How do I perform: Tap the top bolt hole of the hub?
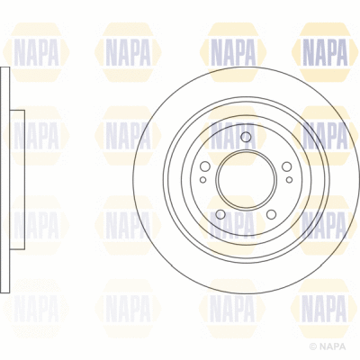[x=245, y=136]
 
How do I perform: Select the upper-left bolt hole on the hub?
[x=205, y=166]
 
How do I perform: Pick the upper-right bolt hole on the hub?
[x=286, y=166]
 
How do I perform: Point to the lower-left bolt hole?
[x=220, y=213]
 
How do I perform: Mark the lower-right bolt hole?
[x=271, y=213]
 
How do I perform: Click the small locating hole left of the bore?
[x=202, y=180]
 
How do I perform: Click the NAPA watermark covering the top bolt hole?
[x=236, y=135]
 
